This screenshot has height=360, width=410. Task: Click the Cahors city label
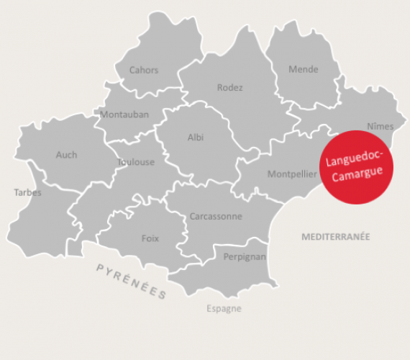tap(144, 71)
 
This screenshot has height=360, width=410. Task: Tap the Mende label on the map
tap(303, 70)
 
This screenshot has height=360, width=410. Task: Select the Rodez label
tap(230, 88)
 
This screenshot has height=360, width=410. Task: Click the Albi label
tap(196, 138)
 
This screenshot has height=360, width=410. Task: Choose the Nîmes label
tap(380, 127)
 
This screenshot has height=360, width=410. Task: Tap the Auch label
tap(66, 155)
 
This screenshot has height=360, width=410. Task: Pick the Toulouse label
tap(136, 163)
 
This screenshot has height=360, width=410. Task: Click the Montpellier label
tap(292, 174)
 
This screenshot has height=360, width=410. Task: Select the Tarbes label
tap(28, 192)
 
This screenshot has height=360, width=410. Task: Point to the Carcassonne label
tap(216, 216)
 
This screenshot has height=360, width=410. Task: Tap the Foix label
tap(150, 238)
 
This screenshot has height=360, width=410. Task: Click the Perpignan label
tap(245, 257)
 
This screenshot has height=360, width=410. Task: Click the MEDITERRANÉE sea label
tap(335, 236)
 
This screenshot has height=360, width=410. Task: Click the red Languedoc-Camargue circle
tap(356, 167)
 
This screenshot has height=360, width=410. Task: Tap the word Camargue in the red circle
tap(357, 175)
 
